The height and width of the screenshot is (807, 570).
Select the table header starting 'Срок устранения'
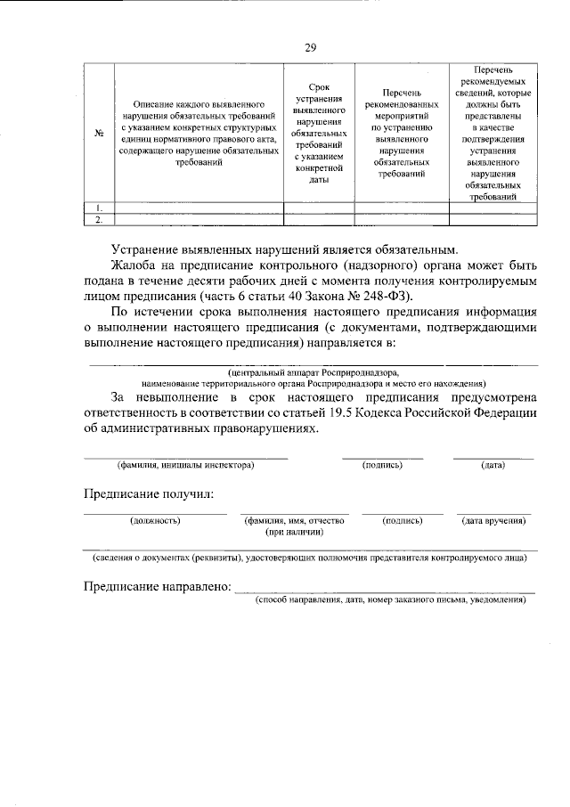point(319,134)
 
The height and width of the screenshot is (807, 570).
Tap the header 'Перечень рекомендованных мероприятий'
point(401,134)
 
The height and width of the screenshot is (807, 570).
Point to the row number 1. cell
point(99,208)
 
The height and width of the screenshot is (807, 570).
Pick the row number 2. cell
point(99,218)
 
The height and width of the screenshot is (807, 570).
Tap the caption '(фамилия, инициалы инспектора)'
point(185,465)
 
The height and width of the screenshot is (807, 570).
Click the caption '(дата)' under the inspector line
point(493,465)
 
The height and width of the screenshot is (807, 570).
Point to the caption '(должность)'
point(155,520)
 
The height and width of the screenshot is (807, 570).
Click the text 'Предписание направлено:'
point(157,588)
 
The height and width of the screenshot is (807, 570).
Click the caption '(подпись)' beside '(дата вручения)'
point(402,520)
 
